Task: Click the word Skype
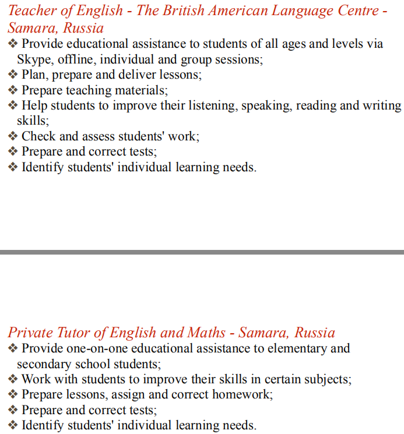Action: (33, 59)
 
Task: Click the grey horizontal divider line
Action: (202, 252)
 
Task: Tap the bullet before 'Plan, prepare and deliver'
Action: (13, 75)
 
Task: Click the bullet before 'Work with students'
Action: (13, 379)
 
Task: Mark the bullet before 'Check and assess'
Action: (13, 137)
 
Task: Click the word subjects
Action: (328, 379)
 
